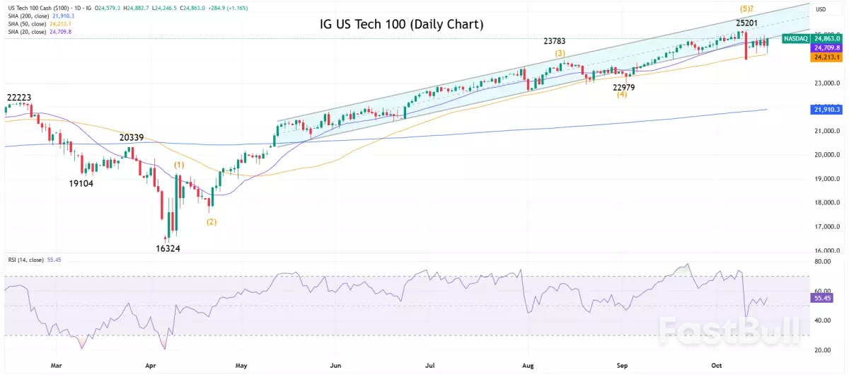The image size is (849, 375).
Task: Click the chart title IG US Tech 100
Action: point(401,25)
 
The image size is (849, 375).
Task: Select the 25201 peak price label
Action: point(748,23)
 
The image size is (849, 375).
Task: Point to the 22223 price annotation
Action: point(19,97)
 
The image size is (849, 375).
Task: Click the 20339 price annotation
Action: point(132,137)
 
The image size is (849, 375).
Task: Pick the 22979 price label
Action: point(623,88)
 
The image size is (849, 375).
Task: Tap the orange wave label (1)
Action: point(180,165)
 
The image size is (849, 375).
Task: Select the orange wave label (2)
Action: point(212,221)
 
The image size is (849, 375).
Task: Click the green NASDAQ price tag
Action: point(796,38)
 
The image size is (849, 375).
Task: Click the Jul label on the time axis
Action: point(429,367)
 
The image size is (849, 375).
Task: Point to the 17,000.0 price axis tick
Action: point(826,227)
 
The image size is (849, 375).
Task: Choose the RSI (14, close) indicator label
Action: point(23,260)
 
